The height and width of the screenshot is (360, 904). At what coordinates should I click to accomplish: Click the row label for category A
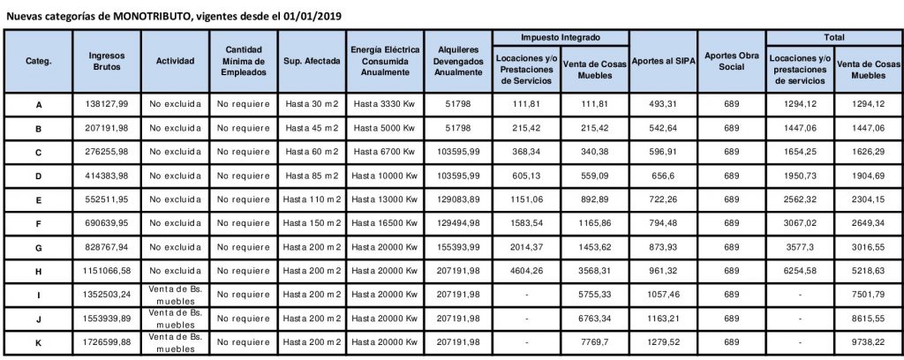38,106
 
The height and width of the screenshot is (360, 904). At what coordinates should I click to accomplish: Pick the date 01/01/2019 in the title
313,16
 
